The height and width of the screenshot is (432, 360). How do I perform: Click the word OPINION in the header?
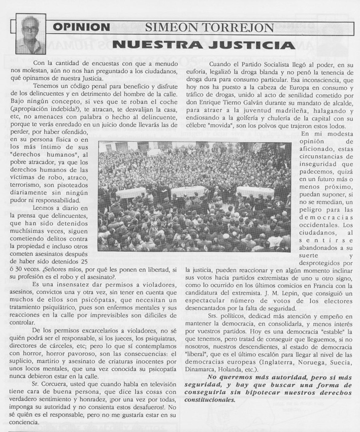(81, 27)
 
